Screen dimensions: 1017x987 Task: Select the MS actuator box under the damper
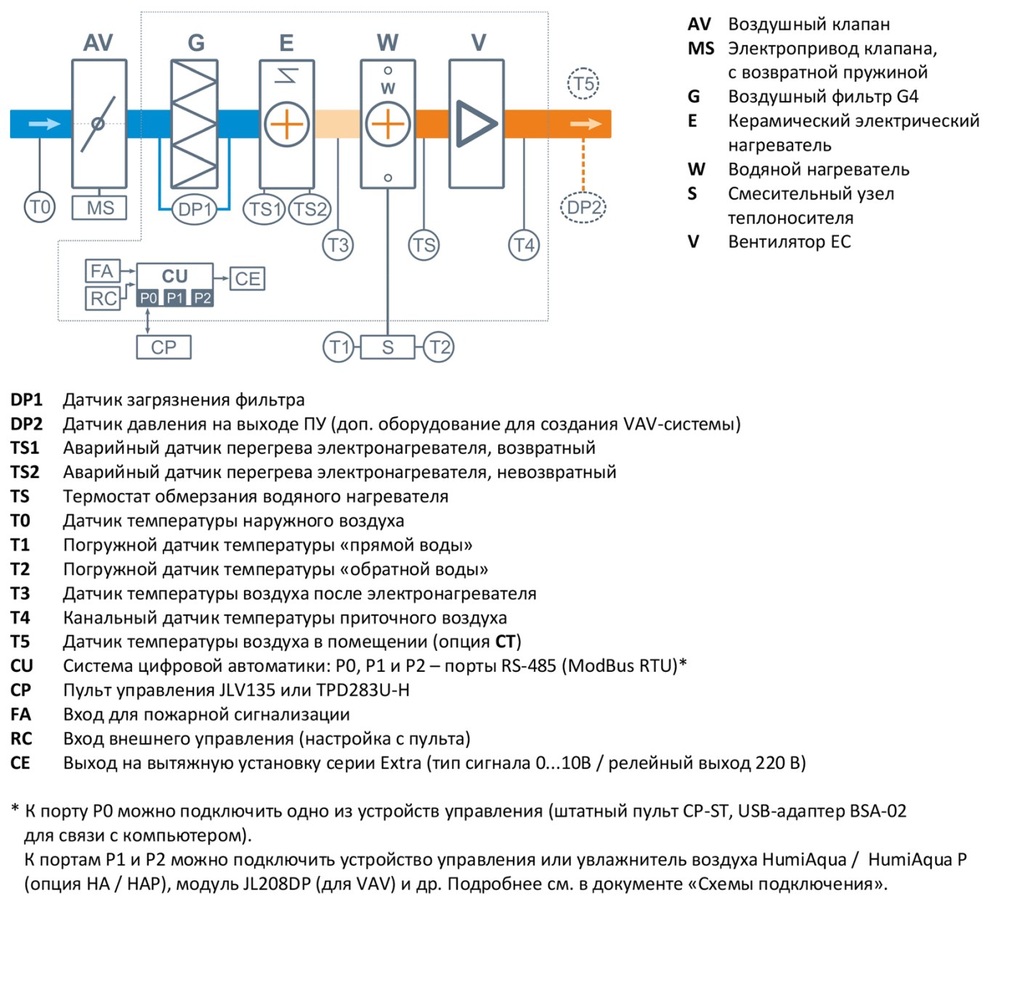point(100,208)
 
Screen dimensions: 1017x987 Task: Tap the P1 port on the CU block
point(175,298)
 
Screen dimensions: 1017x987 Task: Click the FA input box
point(102,271)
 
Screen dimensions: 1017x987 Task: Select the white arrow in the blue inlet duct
point(44,124)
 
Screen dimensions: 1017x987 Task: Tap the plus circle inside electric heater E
point(286,124)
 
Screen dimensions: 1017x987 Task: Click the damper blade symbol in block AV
point(98,124)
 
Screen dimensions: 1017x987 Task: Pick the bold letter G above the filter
point(196,43)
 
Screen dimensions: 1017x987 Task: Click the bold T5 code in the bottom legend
point(20,641)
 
